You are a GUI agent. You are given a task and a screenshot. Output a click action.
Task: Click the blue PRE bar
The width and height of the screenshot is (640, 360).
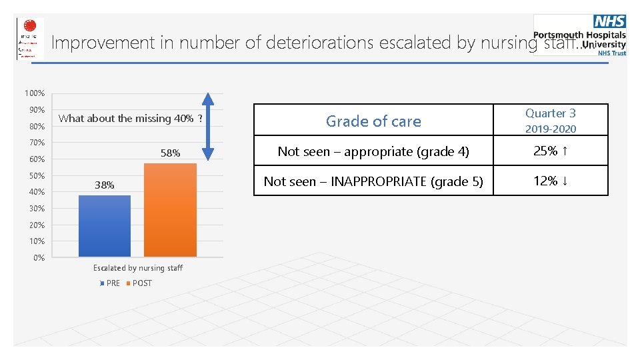click(105, 226)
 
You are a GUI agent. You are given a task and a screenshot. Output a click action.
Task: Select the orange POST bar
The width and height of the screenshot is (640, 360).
click(170, 210)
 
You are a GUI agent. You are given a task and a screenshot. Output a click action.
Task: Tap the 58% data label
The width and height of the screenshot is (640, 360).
click(170, 153)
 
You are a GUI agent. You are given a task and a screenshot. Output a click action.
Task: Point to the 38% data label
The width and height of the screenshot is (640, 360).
click(104, 185)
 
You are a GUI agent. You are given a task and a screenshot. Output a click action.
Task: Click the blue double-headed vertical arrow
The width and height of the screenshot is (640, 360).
click(208, 127)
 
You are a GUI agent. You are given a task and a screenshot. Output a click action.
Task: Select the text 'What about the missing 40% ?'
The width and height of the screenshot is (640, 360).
click(131, 119)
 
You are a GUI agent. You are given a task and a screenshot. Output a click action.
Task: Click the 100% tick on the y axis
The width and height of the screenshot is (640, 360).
click(36, 93)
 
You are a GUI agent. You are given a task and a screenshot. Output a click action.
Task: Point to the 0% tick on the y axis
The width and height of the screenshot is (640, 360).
click(39, 258)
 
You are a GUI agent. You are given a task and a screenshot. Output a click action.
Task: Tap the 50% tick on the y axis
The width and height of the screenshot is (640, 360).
click(37, 176)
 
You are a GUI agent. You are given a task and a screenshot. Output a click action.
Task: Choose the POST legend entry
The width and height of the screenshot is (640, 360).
click(141, 283)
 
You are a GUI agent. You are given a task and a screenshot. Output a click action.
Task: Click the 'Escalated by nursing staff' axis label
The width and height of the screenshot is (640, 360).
click(137, 268)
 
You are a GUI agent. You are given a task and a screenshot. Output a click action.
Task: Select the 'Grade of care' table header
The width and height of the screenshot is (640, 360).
click(373, 121)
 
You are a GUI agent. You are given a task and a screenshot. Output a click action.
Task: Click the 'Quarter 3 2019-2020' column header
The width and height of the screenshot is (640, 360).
click(550, 121)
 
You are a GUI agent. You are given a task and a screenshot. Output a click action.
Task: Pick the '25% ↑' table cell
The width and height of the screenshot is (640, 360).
click(550, 151)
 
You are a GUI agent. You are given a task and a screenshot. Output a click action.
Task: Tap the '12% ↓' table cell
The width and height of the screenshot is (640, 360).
click(550, 181)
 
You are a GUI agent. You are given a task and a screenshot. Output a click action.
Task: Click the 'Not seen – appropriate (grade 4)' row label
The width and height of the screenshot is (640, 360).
click(373, 151)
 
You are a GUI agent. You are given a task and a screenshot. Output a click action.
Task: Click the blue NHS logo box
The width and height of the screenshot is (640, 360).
click(609, 23)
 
